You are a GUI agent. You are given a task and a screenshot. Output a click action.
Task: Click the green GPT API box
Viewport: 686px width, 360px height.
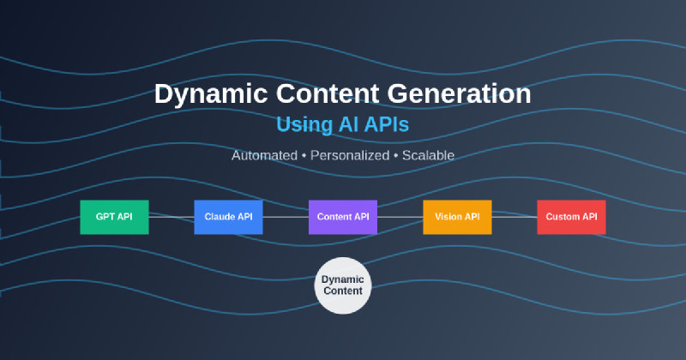pyautogui.click(x=114, y=217)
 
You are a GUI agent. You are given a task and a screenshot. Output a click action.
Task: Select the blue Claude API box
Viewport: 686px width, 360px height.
pyautogui.click(x=228, y=217)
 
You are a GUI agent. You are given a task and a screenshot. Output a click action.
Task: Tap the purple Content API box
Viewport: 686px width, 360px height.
pyautogui.click(x=343, y=217)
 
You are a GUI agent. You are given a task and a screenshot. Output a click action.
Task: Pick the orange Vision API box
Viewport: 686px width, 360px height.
pyautogui.click(x=457, y=217)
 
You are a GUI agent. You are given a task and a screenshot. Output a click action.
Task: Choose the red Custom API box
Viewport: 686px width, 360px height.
pyautogui.click(x=571, y=217)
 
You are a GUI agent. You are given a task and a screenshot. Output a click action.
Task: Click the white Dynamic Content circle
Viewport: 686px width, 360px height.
pyautogui.click(x=343, y=285)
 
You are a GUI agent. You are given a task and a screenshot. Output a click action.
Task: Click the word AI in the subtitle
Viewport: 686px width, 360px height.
pyautogui.click(x=347, y=125)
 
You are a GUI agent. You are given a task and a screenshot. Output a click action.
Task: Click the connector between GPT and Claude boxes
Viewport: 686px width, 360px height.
pyautogui.click(x=171, y=217)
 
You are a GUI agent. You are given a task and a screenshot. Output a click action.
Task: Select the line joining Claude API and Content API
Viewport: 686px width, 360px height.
pyautogui.click(x=286, y=217)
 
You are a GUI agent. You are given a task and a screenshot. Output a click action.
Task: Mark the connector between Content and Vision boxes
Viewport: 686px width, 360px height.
pyautogui.click(x=400, y=217)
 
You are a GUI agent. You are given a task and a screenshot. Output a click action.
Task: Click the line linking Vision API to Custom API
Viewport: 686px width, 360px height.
pyautogui.click(x=514, y=217)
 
